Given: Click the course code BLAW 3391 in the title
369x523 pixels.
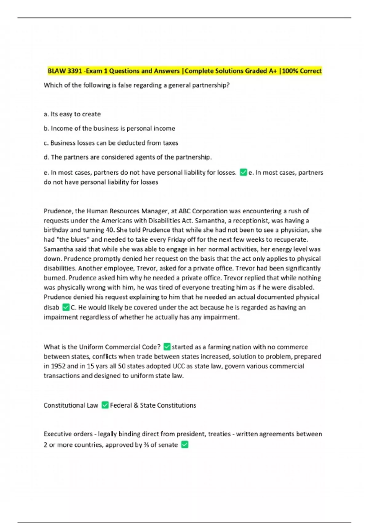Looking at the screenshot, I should pos(65,71).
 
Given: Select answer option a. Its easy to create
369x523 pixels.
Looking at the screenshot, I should pos(72,114).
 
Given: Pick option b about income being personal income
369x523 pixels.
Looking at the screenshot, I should pos(109,128).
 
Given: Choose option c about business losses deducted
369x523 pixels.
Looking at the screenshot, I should pos(111,143).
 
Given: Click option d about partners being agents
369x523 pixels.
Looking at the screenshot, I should pos(128,157).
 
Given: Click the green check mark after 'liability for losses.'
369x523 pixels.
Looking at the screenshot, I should pos(243,172).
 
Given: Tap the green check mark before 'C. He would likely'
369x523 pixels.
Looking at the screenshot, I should pos(66,307).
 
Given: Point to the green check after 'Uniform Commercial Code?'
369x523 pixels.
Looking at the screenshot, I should pos(167,347).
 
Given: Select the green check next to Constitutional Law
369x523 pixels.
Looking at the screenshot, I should pos(105,405).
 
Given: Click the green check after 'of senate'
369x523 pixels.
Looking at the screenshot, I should pos(184,445).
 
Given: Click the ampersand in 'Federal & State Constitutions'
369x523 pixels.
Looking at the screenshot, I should pos(136,405).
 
